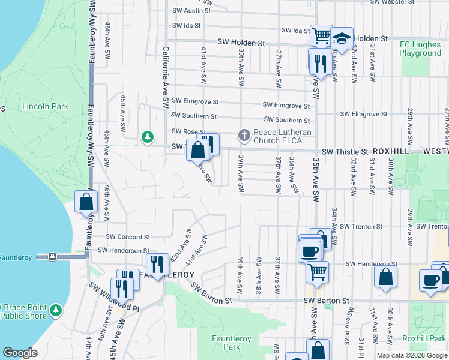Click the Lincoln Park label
click(x=45, y=107)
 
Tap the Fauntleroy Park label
click(x=226, y=343)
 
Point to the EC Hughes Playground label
click(x=420, y=49)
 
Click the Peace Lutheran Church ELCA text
click(x=282, y=136)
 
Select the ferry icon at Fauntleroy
click(x=53, y=256)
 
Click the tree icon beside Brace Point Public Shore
click(x=56, y=310)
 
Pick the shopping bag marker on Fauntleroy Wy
click(x=86, y=202)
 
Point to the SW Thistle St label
click(x=345, y=152)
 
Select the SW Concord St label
click(x=128, y=238)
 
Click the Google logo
click(x=20, y=353)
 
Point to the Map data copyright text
click(x=411, y=355)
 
